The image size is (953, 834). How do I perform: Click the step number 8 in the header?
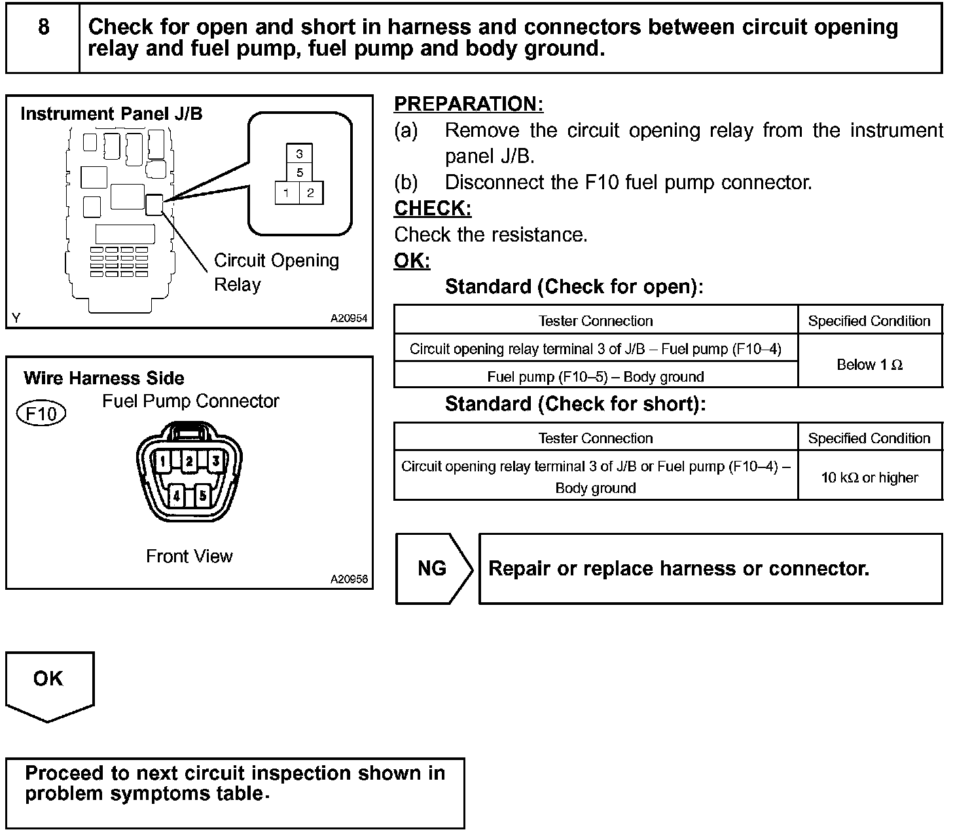43,27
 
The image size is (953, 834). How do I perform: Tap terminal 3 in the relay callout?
299,154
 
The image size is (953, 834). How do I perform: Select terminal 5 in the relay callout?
299,173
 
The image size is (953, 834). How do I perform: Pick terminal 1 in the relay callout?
287,193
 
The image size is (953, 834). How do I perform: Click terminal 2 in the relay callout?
310,193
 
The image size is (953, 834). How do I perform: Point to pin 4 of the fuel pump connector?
176,496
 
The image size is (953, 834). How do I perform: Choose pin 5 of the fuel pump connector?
202,496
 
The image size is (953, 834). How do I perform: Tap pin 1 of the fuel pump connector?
162,462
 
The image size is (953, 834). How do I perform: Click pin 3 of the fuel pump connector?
215,461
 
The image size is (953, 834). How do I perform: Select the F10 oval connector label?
41,414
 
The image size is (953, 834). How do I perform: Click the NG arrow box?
433,568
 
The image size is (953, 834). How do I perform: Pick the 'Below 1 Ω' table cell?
869,364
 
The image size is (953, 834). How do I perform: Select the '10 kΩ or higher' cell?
869,477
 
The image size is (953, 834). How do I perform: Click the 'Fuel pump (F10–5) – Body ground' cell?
596,376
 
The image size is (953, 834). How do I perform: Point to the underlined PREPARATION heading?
469,104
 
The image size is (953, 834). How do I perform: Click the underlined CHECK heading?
433,208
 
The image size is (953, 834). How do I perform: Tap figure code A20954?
349,318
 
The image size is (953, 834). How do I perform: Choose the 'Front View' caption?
189,556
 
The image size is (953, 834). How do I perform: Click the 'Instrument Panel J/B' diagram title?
111,114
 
